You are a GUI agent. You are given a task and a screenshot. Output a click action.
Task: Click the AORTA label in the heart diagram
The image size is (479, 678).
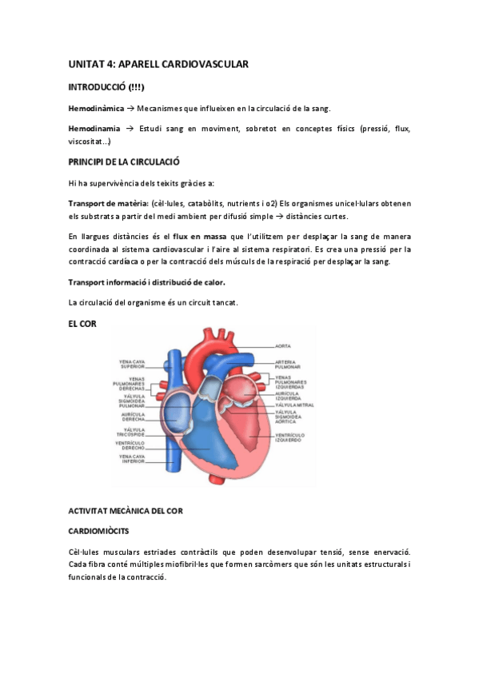click(283, 346)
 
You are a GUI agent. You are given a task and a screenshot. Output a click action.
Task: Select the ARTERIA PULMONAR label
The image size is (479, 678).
click(286, 364)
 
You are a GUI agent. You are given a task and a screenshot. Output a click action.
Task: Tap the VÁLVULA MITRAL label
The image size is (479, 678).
click(293, 405)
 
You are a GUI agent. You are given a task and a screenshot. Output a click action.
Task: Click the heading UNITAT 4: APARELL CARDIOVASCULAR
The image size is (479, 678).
click(159, 63)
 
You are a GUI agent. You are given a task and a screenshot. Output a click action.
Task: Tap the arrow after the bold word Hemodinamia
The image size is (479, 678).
click(129, 128)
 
